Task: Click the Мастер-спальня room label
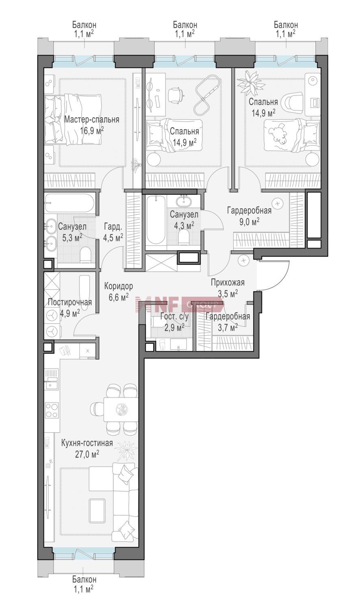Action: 91,120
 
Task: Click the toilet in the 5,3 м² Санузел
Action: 85,255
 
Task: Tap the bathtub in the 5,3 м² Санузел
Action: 69,203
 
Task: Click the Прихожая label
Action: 228,283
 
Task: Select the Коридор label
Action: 119,286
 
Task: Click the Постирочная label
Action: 69,302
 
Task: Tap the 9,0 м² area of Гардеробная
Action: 249,222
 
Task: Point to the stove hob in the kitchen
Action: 52,410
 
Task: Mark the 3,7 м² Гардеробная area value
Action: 228,328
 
